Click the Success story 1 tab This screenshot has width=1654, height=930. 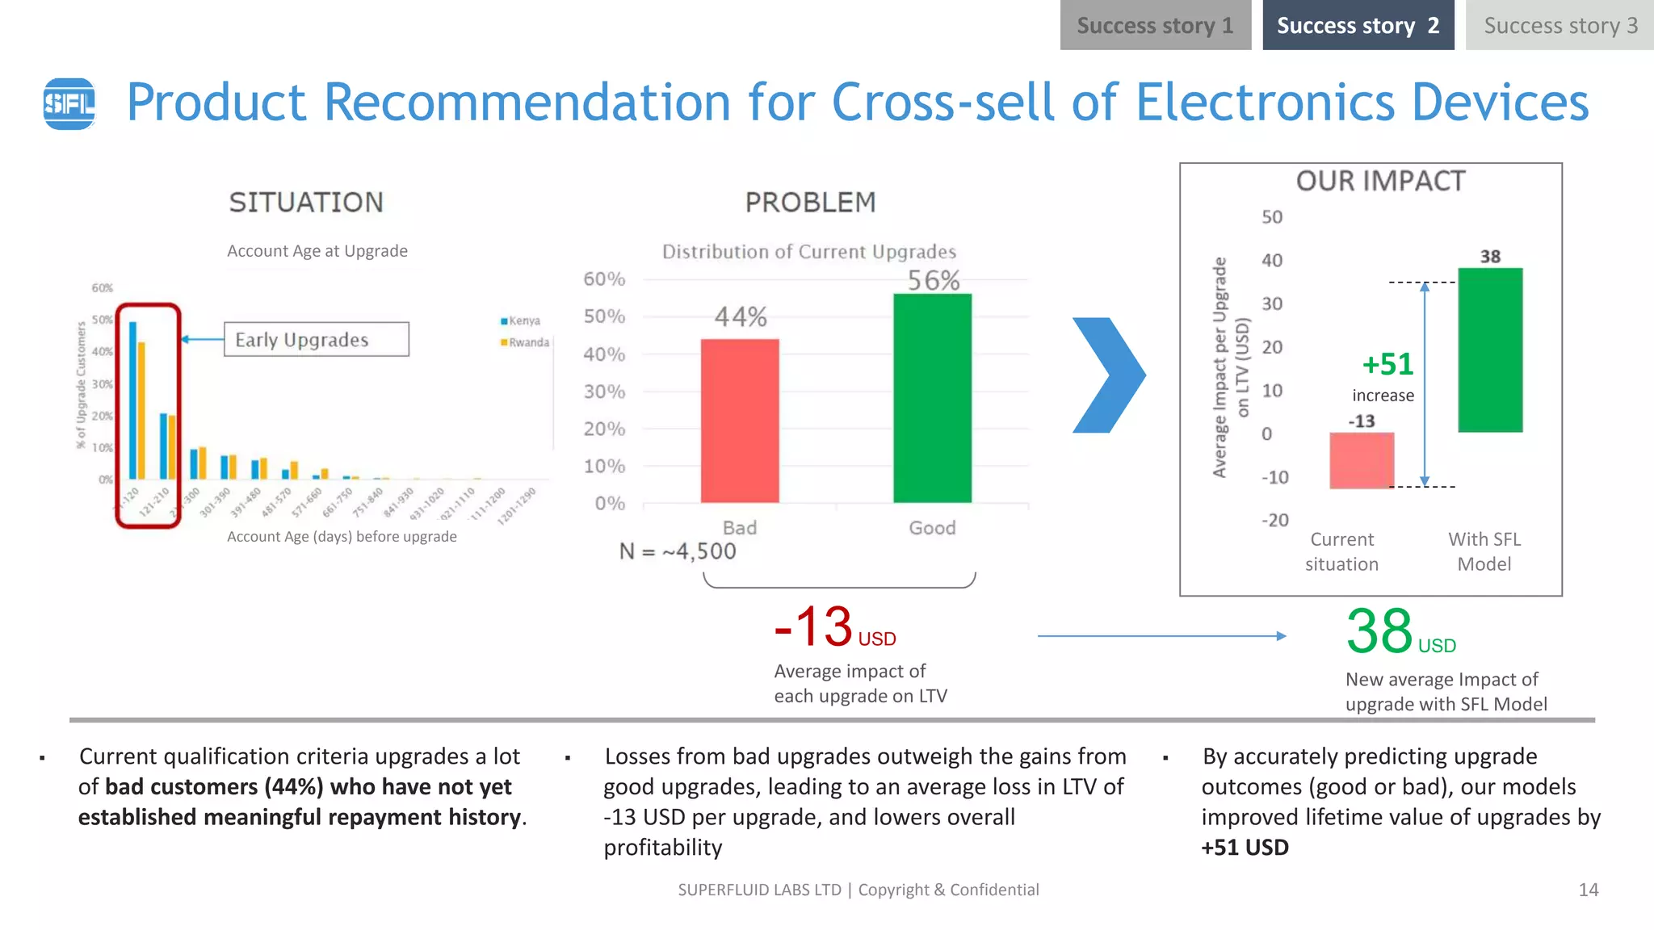1155,26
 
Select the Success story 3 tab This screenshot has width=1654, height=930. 1560,26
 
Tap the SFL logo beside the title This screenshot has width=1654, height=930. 69,103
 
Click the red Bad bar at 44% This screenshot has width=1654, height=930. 740,420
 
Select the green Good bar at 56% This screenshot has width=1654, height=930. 932,397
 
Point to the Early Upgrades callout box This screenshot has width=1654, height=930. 316,340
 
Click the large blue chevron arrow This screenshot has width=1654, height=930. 1109,375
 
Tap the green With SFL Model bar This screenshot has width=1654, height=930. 1490,350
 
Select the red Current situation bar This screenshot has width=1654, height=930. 1362,460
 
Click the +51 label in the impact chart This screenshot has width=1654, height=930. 1387,365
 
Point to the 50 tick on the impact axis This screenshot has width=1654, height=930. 1272,217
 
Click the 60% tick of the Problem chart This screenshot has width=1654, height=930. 604,279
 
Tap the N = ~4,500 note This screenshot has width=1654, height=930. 678,551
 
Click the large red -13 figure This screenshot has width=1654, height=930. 813,627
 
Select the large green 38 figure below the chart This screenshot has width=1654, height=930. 1379,631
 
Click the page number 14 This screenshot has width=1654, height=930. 1588,890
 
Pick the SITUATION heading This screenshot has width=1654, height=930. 306,203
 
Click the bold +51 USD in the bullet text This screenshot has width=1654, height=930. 1245,848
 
